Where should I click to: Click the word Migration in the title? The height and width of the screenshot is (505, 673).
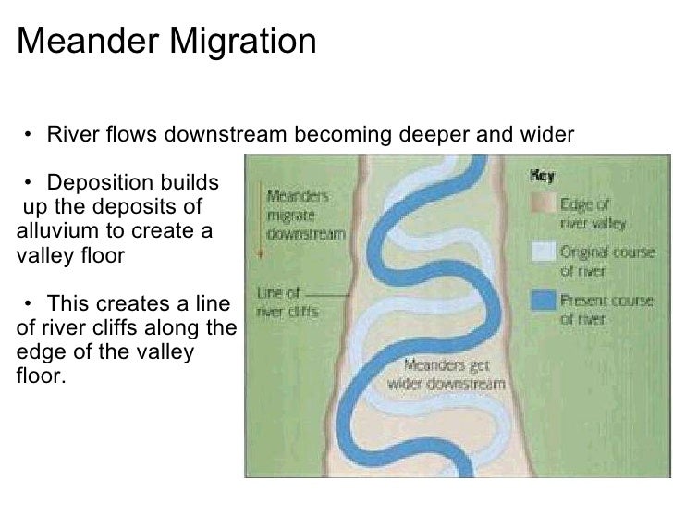[x=239, y=42]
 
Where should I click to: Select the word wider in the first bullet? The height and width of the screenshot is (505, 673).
[x=549, y=135]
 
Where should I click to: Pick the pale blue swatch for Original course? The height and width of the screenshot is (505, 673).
[x=544, y=251]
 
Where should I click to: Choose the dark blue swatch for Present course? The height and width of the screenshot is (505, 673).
[x=544, y=300]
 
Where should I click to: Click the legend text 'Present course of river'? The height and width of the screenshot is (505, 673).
[x=606, y=309]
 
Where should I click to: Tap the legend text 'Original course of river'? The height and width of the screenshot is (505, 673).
[x=606, y=260]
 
